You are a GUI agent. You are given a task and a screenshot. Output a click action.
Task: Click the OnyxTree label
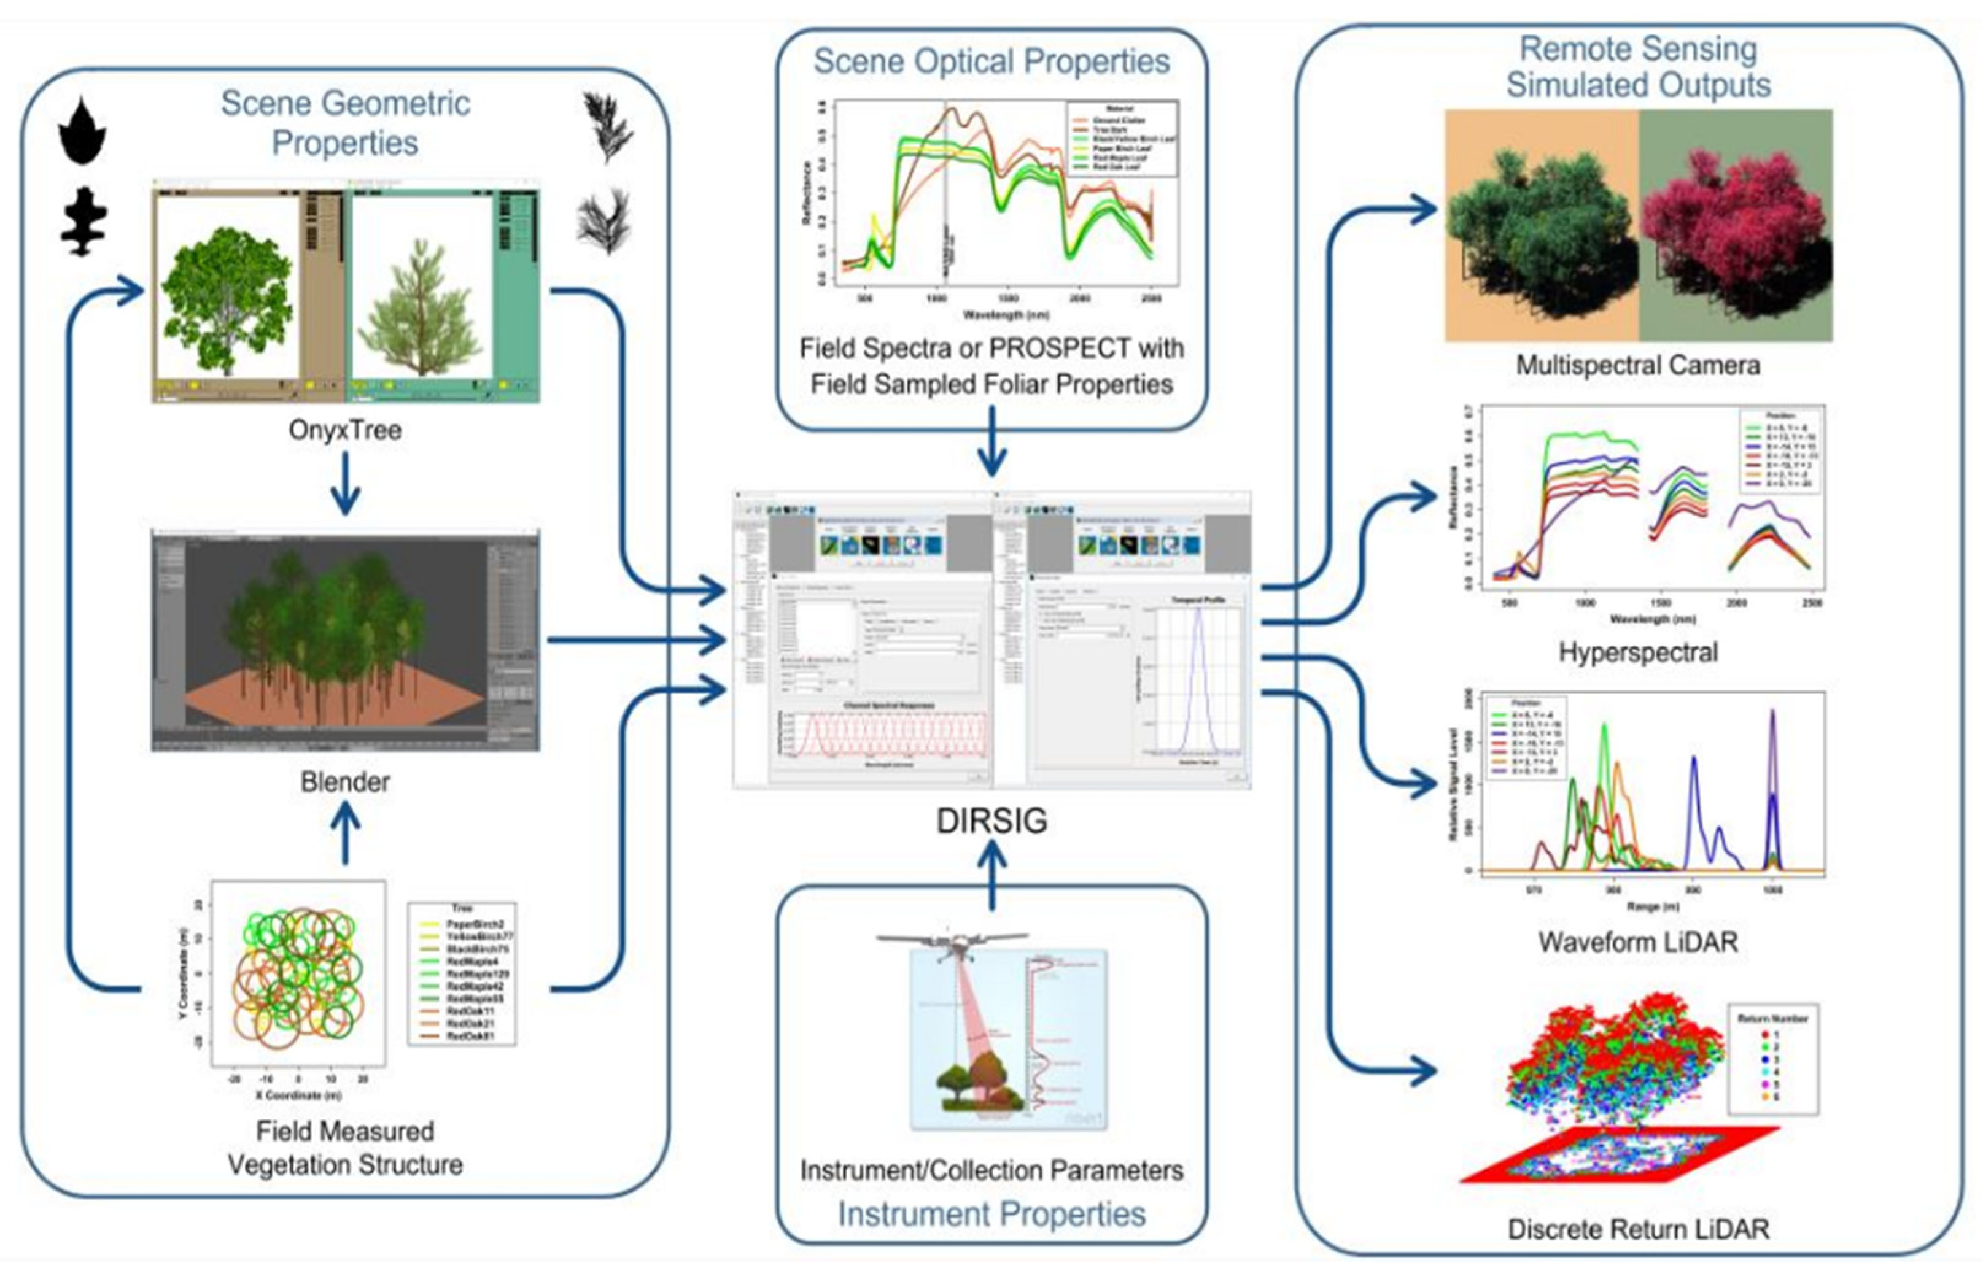tap(345, 430)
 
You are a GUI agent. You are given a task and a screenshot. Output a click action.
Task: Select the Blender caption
tap(345, 781)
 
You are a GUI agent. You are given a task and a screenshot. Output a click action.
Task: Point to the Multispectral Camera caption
tap(1637, 365)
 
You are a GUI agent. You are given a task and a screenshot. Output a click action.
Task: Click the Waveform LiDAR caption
tap(1637, 942)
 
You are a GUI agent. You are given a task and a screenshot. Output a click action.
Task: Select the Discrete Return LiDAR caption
tap(1637, 1229)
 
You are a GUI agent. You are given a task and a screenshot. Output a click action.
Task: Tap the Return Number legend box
tap(1773, 1059)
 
